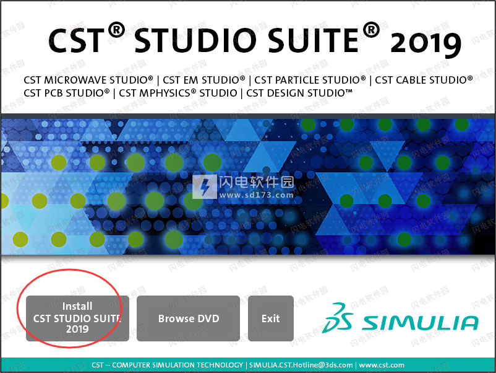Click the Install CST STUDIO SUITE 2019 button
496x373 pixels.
coord(77,318)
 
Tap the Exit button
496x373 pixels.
coord(271,318)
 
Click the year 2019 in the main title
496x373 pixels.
coord(425,44)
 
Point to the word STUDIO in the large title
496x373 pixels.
coord(195,40)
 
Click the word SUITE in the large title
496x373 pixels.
coord(314,40)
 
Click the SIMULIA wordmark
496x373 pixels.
coord(421,323)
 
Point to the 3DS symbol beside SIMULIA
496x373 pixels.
coord(338,318)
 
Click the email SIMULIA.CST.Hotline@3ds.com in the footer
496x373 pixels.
coord(301,365)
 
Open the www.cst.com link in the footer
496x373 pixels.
coord(382,365)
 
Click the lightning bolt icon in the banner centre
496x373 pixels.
coord(205,186)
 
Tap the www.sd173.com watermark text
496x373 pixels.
coord(257,195)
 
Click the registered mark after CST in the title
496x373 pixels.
coord(116,30)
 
